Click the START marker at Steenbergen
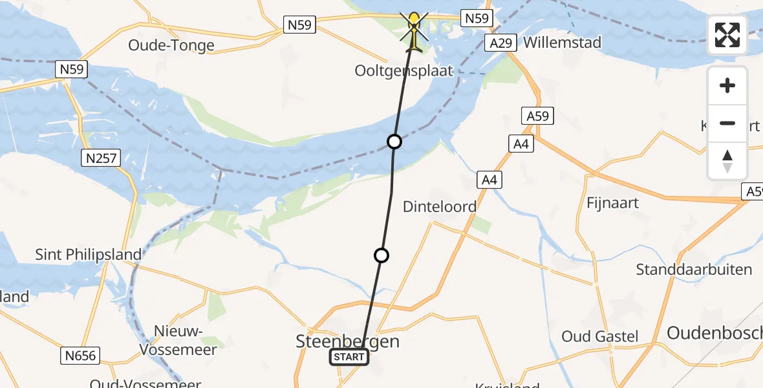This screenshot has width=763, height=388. [349, 357]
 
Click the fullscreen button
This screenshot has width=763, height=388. [727, 35]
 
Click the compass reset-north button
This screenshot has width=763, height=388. [727, 161]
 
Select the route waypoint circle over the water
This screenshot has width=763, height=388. [394, 142]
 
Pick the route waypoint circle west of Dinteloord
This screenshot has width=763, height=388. [381, 255]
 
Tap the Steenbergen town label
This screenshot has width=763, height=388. [347, 341]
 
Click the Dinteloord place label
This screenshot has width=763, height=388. [439, 207]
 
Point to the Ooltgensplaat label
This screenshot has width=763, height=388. [403, 70]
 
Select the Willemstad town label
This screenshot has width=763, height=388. [562, 43]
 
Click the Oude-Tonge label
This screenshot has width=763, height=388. [171, 45]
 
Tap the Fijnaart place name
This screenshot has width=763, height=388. [612, 202]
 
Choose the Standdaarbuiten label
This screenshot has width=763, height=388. [694, 270]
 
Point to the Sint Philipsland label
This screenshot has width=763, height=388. [88, 254]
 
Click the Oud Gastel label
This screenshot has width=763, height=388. [599, 336]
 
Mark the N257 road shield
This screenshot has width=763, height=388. [102, 157]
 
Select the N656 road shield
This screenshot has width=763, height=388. [80, 355]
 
